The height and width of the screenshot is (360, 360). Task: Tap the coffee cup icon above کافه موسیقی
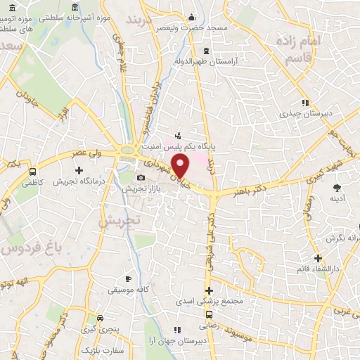[x=127, y=278]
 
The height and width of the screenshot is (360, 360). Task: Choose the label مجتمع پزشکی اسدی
[x=209, y=302]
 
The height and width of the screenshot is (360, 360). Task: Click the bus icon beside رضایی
[x=209, y=314]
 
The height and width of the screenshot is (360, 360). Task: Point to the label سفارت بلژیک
[x=101, y=349]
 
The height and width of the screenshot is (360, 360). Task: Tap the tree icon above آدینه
[x=337, y=187]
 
